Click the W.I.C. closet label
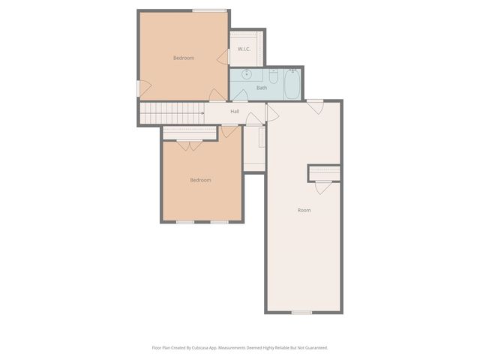point(244,49)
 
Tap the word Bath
point(262,88)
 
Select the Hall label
point(235,112)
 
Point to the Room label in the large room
point(304,210)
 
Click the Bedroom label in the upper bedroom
point(184,58)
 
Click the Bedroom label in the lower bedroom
point(200,180)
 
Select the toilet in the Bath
point(274,76)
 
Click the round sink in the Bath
point(246,75)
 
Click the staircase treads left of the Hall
point(171,113)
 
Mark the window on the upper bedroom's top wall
point(210,10)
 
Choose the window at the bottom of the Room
point(301,312)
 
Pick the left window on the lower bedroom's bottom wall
point(185,221)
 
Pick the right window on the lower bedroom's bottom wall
point(219,221)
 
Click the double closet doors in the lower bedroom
point(189,145)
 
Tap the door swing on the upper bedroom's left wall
point(144,88)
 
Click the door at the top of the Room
point(316,106)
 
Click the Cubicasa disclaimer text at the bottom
point(240,347)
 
